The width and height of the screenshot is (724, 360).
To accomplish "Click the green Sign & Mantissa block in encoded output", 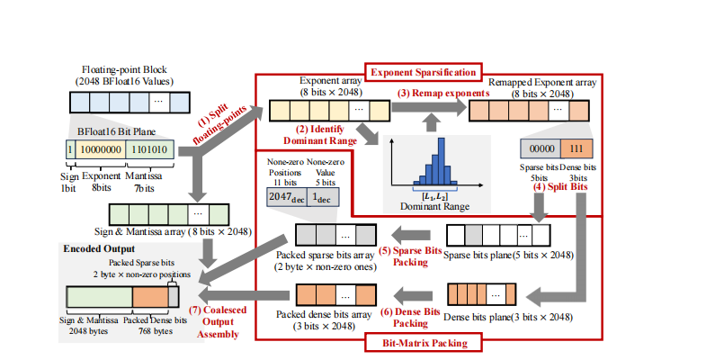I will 100,296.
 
